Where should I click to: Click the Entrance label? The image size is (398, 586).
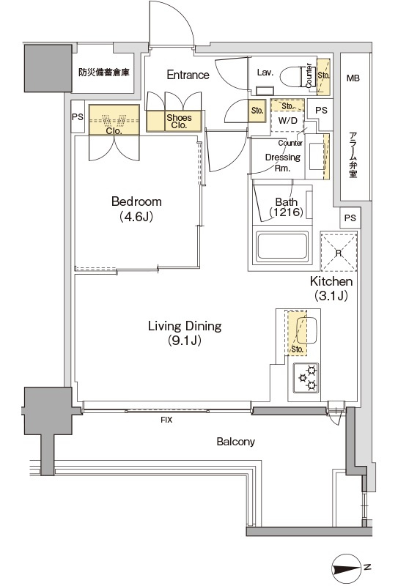point(188,75)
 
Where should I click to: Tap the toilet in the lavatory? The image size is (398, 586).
point(292,77)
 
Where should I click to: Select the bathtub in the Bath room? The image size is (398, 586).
point(282,246)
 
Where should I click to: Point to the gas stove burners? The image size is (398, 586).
point(306,377)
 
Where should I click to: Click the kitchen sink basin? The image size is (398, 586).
point(306,331)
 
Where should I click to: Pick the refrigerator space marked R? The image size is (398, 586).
point(339,251)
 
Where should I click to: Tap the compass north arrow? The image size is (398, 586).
point(347,568)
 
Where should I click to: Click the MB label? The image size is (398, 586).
point(353,78)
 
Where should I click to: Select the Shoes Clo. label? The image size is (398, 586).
point(179,121)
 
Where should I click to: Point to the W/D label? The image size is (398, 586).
point(287,121)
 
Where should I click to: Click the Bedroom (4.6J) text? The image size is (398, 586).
point(136,209)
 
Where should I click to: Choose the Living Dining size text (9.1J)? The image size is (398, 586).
point(185,341)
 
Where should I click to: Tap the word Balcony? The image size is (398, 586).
point(236,442)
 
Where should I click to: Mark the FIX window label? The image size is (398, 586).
point(166,420)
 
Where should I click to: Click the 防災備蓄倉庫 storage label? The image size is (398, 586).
point(103,72)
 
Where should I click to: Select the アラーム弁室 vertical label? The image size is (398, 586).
point(353,155)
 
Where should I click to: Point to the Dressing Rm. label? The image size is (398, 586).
point(283,163)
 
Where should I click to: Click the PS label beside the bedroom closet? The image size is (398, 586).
point(78,116)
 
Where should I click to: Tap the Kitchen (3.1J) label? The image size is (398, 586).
point(331,288)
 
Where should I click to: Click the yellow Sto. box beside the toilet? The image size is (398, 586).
point(323,77)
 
